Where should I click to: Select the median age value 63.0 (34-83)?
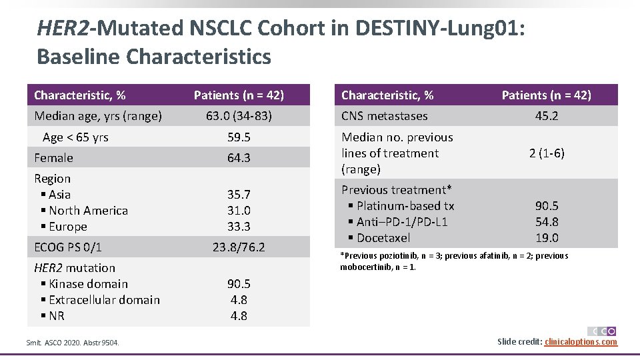point(239,116)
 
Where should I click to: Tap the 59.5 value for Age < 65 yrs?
point(239,137)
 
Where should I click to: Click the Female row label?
point(53,158)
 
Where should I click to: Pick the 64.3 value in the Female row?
point(239,158)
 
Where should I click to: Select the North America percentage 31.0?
point(239,211)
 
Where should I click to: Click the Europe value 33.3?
point(239,227)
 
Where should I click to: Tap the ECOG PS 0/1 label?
point(68,247)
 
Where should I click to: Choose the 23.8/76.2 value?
point(239,247)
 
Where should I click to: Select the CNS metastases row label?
point(385,116)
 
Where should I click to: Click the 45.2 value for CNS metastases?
point(547,116)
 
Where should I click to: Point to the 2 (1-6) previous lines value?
point(547,153)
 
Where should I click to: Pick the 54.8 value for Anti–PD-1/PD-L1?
point(547,222)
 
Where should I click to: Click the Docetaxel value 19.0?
point(547,238)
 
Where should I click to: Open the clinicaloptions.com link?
point(581,342)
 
